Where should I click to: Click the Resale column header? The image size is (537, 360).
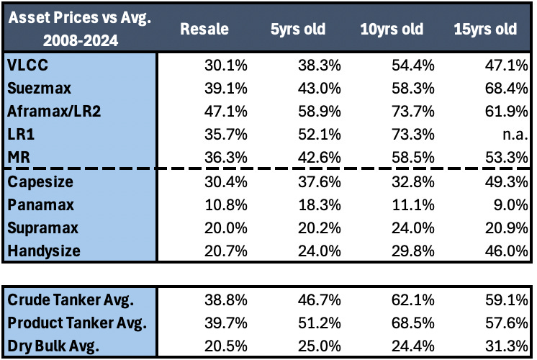(204, 30)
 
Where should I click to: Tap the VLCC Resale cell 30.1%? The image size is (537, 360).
(224, 66)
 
